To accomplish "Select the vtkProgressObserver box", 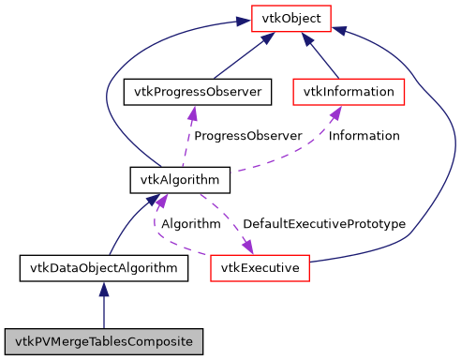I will [198, 92].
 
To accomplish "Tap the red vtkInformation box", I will [349, 92].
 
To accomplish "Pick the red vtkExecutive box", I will [260, 268].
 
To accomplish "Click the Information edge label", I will [364, 136].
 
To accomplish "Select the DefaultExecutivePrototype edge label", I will [323, 224].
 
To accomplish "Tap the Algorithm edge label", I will [190, 224].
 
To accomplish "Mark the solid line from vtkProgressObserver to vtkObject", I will [239, 58].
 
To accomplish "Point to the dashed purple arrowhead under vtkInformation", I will [334, 112].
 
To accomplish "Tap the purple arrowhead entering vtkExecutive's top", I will [248, 247].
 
